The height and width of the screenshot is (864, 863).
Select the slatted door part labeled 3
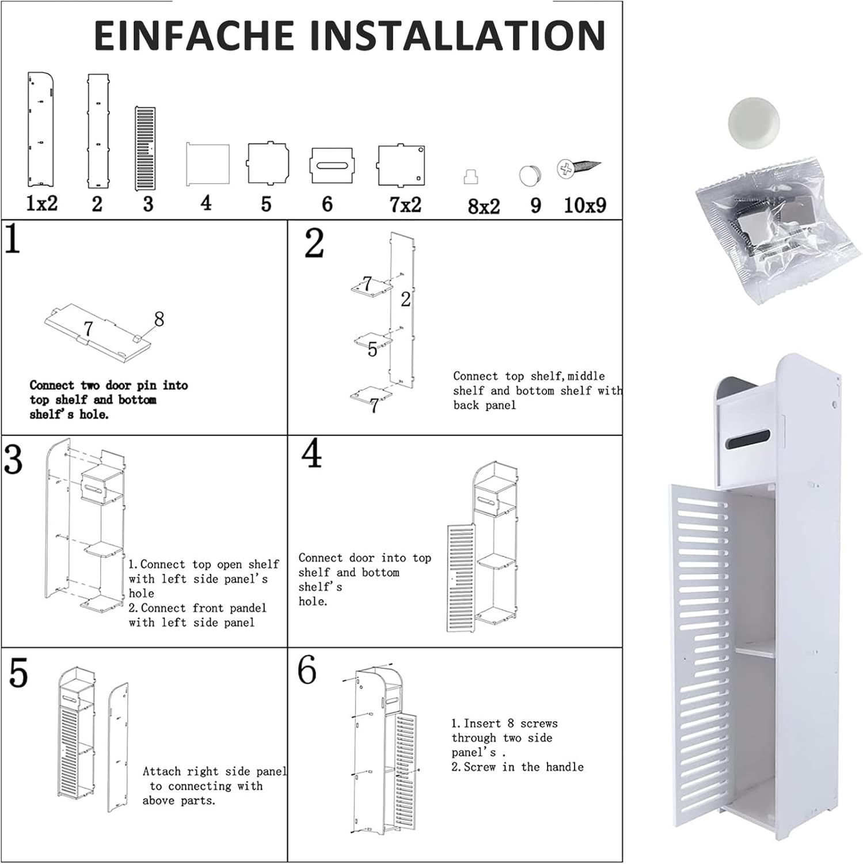click(145, 149)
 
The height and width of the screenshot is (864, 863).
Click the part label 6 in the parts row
click(327, 203)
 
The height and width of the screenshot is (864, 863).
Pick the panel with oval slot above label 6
click(331, 166)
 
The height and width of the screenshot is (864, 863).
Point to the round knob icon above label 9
click(530, 176)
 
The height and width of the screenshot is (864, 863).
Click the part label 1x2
click(41, 203)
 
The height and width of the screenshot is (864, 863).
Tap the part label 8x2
click(484, 206)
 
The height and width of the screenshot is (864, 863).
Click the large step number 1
click(12, 239)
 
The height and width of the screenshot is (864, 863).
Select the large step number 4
click(311, 453)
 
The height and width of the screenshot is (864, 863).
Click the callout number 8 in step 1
click(159, 319)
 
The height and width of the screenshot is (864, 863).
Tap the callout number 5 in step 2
click(372, 350)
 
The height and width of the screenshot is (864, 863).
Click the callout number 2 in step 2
click(406, 300)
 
